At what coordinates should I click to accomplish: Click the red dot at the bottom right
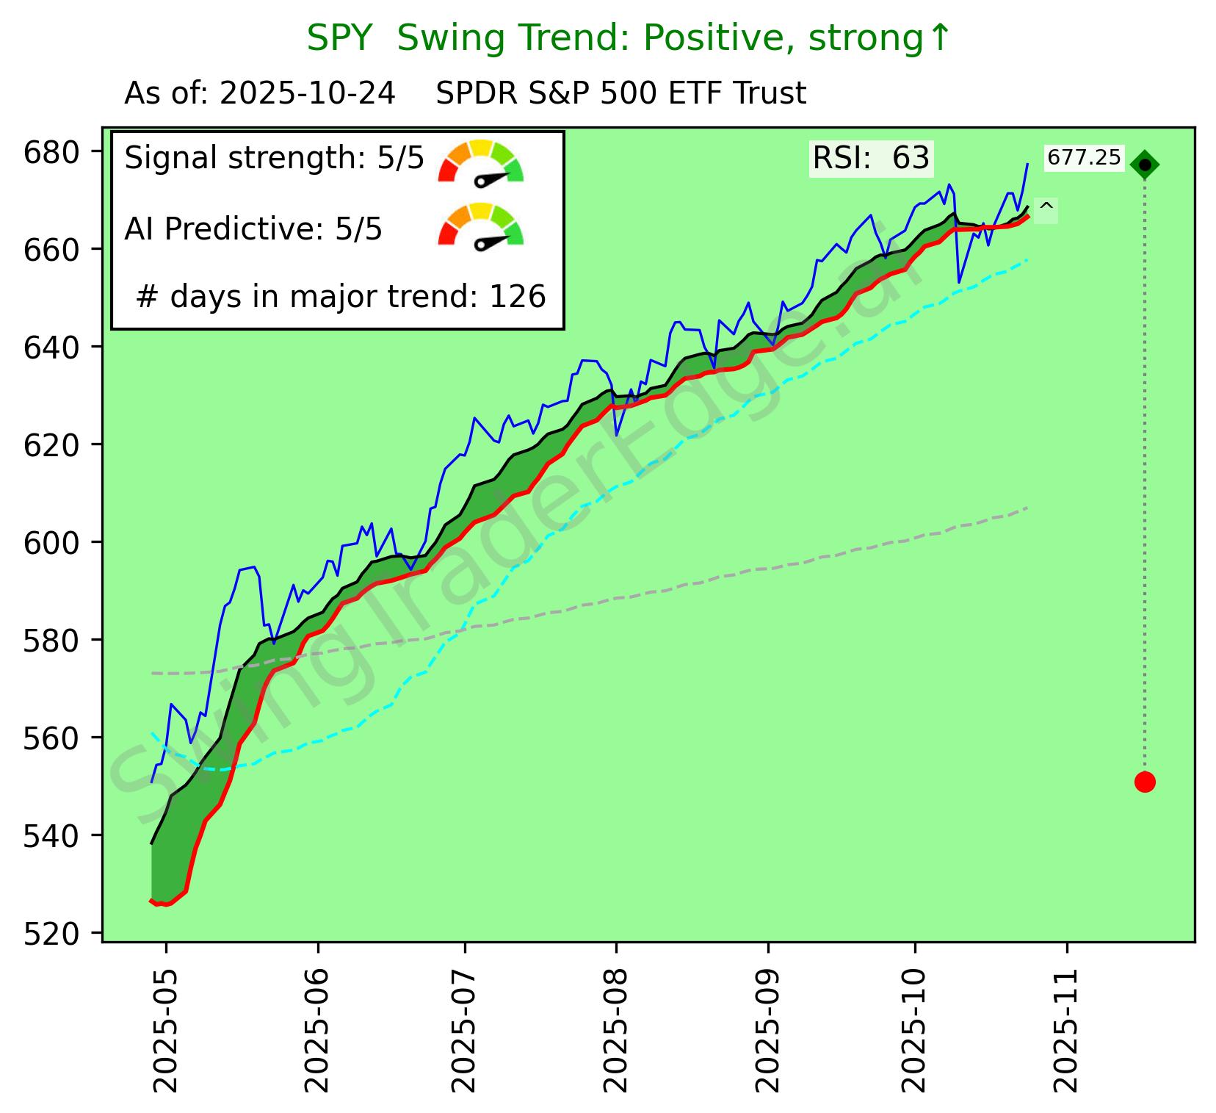[1144, 782]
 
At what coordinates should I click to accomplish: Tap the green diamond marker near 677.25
[1144, 165]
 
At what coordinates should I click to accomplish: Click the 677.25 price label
[1084, 158]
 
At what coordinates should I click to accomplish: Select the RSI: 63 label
[871, 159]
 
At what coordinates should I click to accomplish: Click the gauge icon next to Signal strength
[480, 162]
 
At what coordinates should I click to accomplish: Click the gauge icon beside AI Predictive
[480, 226]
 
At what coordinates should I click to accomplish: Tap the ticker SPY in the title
[339, 38]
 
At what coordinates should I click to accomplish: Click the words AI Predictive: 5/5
[253, 229]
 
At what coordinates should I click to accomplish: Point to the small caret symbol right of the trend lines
[1046, 209]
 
